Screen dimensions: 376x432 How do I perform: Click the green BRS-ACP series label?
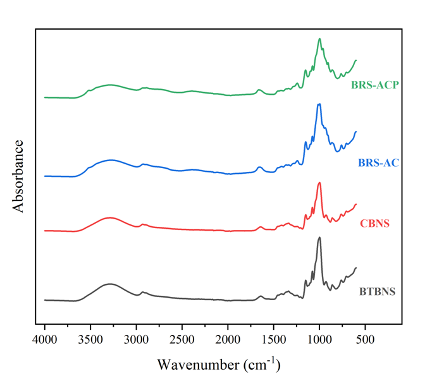(x=376, y=85)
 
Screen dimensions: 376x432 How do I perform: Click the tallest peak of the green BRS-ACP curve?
(x=319, y=39)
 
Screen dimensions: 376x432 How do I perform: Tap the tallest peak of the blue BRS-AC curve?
(x=319, y=104)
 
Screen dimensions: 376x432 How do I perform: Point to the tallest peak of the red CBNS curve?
(x=319, y=183)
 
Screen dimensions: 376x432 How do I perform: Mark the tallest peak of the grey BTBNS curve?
(x=319, y=238)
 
